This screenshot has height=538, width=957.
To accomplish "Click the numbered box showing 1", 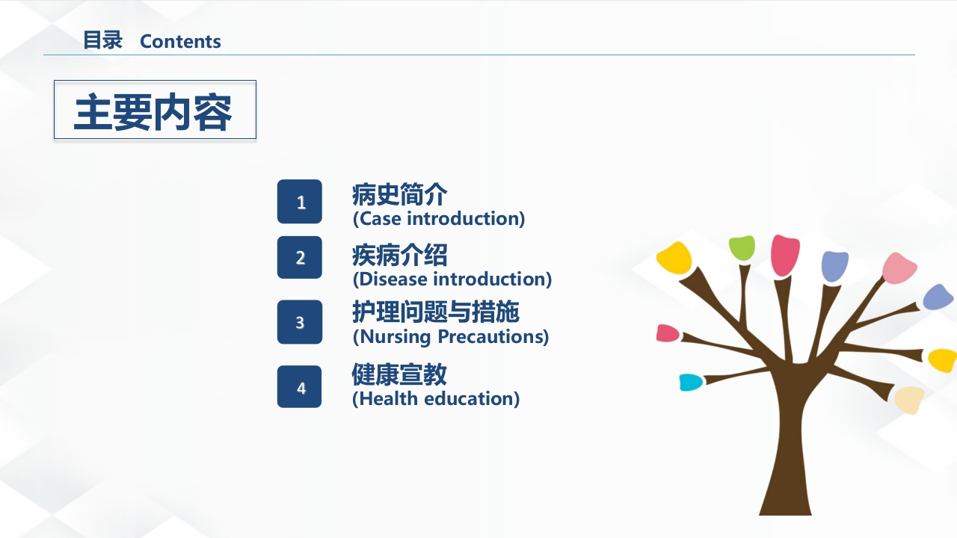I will pyautogui.click(x=299, y=202).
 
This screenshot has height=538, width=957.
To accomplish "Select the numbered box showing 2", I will pyautogui.click(x=299, y=258).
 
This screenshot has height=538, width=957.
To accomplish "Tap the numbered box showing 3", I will pyautogui.click(x=299, y=322).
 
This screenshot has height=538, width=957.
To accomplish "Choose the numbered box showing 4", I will pyautogui.click(x=299, y=387).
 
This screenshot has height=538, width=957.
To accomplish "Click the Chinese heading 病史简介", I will pyautogui.click(x=399, y=195).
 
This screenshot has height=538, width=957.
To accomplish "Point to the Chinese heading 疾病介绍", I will pyautogui.click(x=399, y=256).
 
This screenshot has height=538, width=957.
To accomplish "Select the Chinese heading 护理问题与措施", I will pyautogui.click(x=435, y=312).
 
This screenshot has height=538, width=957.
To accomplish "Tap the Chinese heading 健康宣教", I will pyautogui.click(x=399, y=374).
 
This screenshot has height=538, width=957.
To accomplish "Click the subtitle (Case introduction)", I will pyautogui.click(x=438, y=219).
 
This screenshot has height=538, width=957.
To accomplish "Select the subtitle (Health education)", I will pyautogui.click(x=435, y=399).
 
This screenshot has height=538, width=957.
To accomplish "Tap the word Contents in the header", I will pyautogui.click(x=180, y=42).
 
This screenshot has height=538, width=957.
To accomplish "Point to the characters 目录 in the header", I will pyautogui.click(x=102, y=41).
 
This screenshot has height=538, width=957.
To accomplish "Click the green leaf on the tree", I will pyautogui.click(x=742, y=247).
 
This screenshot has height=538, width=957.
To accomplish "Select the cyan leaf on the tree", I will pyautogui.click(x=690, y=383).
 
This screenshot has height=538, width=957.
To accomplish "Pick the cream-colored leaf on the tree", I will pyautogui.click(x=910, y=400).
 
